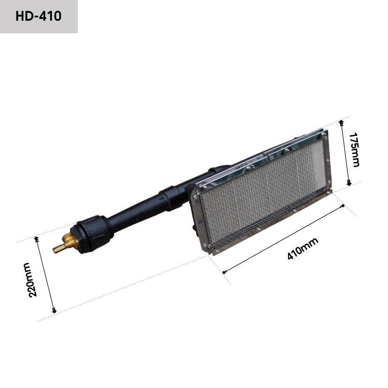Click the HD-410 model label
tap(38, 17)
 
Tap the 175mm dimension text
tap(354, 149)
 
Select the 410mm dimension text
tap(302, 249)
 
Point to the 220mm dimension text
tap(31, 279)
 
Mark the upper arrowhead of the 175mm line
tap(341, 121)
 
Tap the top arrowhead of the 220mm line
tap(37, 238)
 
